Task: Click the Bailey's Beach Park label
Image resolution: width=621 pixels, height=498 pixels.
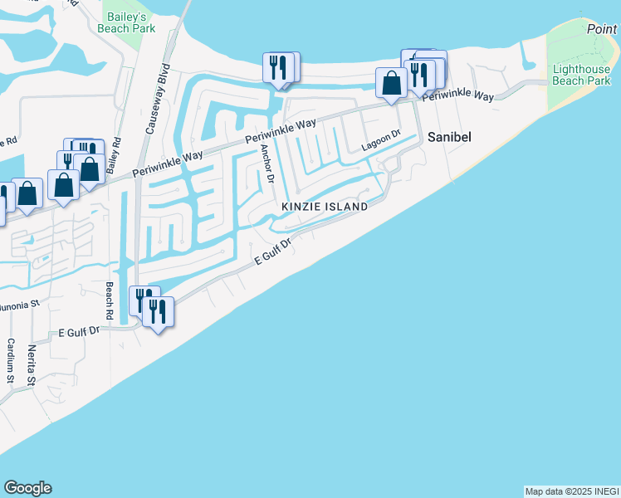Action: tap(127, 22)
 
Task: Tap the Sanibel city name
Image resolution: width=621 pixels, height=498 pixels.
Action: tap(449, 137)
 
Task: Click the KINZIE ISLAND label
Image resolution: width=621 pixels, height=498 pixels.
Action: tap(324, 206)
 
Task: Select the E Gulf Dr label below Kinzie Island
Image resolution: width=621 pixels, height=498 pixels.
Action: tap(271, 252)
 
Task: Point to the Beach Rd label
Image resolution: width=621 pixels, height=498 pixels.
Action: tap(109, 300)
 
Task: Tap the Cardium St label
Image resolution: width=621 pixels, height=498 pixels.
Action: tap(12, 361)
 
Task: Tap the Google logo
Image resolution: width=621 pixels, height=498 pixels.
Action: tap(27, 488)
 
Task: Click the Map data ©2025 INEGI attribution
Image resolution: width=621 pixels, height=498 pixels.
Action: tap(571, 491)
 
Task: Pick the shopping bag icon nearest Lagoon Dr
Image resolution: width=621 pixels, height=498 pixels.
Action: tap(391, 83)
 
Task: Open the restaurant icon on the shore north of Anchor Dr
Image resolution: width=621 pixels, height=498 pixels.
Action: tap(278, 67)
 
